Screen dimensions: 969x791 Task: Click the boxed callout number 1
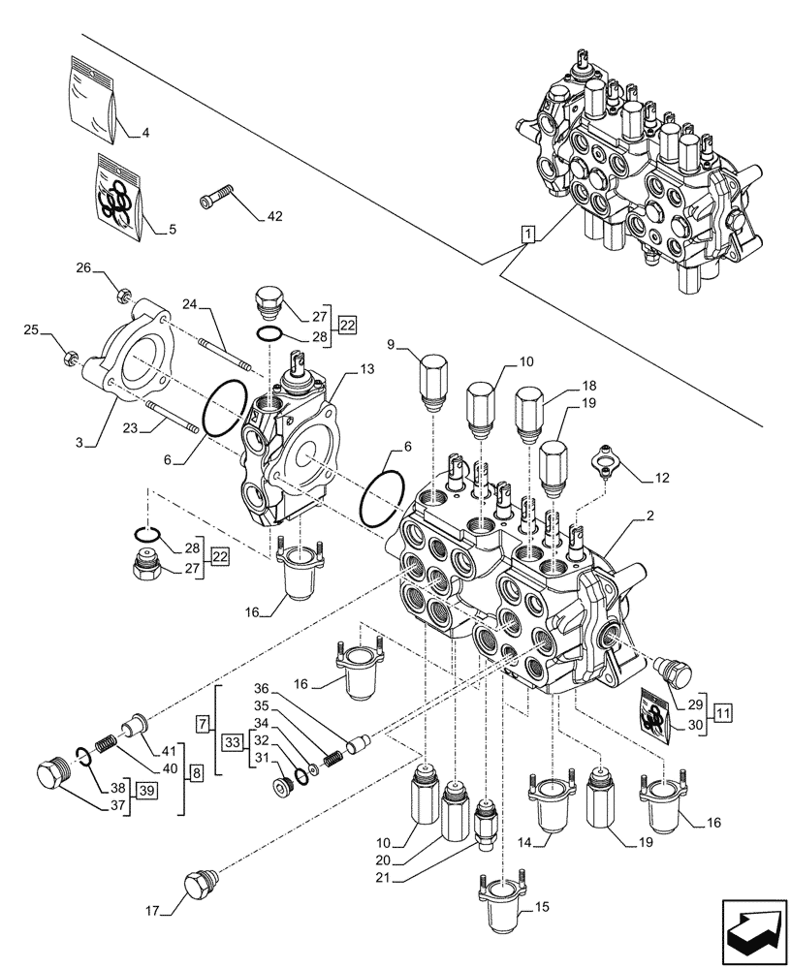click(526, 234)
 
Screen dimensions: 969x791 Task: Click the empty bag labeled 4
click(95, 97)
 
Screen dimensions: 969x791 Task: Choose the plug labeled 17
click(199, 885)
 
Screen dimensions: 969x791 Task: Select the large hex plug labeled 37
click(50, 778)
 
